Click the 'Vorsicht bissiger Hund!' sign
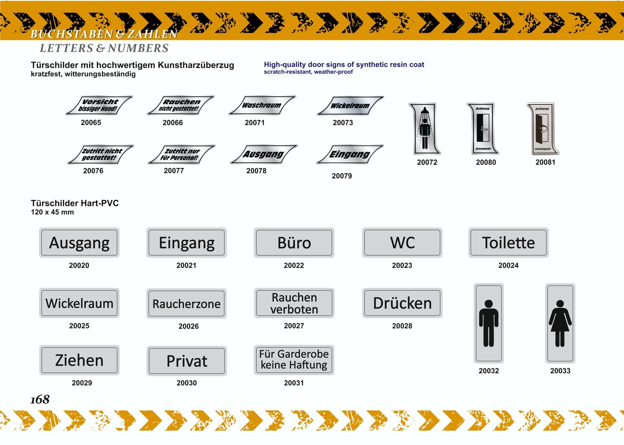(x=99, y=105)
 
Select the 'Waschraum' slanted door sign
(x=262, y=105)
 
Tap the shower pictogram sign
(x=425, y=129)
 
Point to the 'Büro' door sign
(x=294, y=243)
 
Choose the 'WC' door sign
(x=402, y=243)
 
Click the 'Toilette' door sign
(x=508, y=243)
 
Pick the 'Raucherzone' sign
(x=186, y=303)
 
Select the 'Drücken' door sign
(x=402, y=303)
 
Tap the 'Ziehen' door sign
(x=79, y=360)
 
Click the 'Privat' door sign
(x=186, y=361)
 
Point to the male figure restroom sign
(x=489, y=323)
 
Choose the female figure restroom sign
(x=560, y=323)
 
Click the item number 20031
(x=294, y=383)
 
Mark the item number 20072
(x=427, y=162)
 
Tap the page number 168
(x=40, y=400)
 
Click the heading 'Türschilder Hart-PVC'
(x=75, y=203)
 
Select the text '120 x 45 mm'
(x=52, y=212)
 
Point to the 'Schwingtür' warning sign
(x=543, y=129)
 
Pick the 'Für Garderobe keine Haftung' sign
(x=294, y=360)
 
